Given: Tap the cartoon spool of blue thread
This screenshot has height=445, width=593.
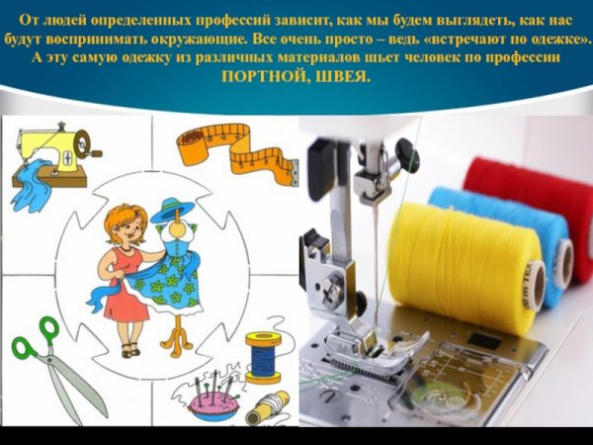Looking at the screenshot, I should (x=264, y=357).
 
